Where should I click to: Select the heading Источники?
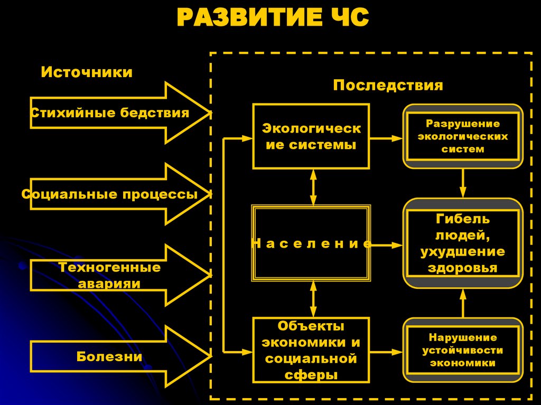[87, 72]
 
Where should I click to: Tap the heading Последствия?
[388, 86]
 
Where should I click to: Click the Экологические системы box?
[311, 136]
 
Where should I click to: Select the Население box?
[311, 243]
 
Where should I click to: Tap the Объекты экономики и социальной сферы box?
[311, 350]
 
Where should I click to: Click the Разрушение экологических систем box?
[463, 136]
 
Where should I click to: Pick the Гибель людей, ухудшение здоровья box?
[463, 243]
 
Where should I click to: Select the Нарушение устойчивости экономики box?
[463, 350]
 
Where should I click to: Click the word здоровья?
[463, 268]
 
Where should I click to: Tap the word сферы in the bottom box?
[311, 375]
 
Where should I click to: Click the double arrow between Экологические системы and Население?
[313, 187]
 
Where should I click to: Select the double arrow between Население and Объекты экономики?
[313, 298]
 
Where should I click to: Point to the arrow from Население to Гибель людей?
[387, 244]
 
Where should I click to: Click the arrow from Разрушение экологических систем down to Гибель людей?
[463, 183]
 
